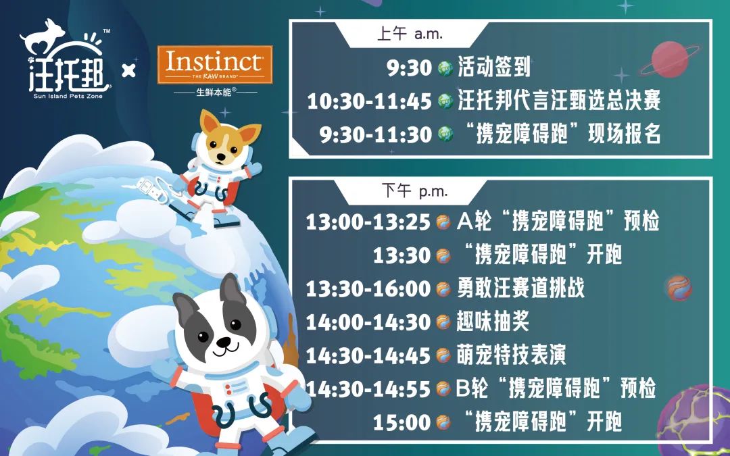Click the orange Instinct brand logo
click(x=215, y=65)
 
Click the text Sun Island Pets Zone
click(x=68, y=96)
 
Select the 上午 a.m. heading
click(x=410, y=34)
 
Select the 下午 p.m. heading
click(x=414, y=191)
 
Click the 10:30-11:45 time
click(x=369, y=101)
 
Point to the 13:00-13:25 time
click(x=368, y=222)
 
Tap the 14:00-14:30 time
click(x=368, y=322)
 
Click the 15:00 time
click(x=401, y=422)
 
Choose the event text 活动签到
click(x=494, y=67)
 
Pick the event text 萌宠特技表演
click(x=511, y=355)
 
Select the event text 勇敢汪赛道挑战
click(x=520, y=288)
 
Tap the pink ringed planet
click(x=670, y=59)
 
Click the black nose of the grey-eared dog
click(x=224, y=343)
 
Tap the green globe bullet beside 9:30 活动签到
click(x=445, y=69)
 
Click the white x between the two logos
click(x=128, y=71)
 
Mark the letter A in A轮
click(x=464, y=222)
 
